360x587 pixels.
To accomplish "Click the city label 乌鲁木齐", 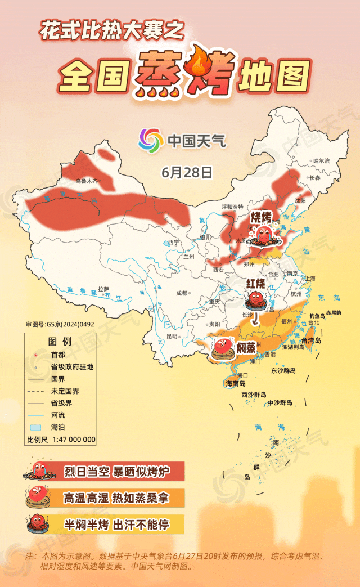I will tap(87, 181).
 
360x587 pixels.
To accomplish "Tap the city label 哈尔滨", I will tap(321, 160).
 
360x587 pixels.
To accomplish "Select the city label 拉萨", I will tap(103, 289).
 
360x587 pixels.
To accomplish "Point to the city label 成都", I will tap(182, 293).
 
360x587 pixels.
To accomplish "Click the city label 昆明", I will tap(172, 336).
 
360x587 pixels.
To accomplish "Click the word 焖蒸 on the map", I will tap(246, 347).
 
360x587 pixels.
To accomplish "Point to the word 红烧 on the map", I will tap(256, 284).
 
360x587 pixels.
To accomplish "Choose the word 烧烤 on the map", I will tap(261, 217).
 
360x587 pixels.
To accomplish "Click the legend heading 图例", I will tap(60, 342).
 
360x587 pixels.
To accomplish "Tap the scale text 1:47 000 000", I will tap(74, 440).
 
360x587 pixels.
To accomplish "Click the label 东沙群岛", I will tap(282, 370).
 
